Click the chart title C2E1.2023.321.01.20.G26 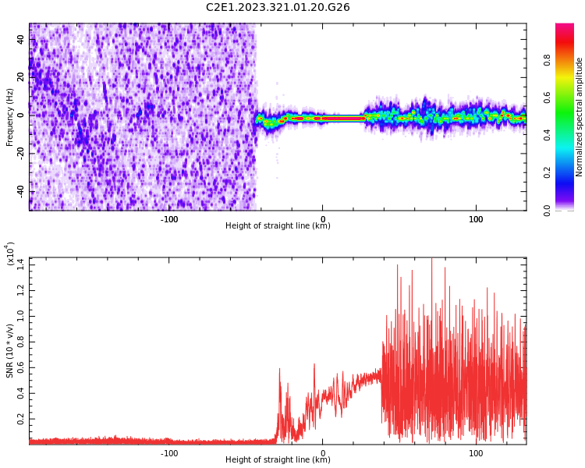[x=278, y=7]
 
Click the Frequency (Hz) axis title [x=10, y=117]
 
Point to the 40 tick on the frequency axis [x=22, y=38]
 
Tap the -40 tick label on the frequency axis [x=19, y=192]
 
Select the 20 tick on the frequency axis [x=22, y=76]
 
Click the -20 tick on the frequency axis [x=19, y=154]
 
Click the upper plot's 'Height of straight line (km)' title [x=278, y=226]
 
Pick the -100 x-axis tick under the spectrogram [x=169, y=218]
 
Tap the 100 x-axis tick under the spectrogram [x=476, y=218]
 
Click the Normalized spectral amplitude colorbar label [x=580, y=117]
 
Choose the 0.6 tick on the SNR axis [x=21, y=367]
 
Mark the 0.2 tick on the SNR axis [x=21, y=418]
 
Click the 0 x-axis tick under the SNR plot [x=323, y=452]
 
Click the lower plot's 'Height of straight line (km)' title [x=278, y=460]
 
